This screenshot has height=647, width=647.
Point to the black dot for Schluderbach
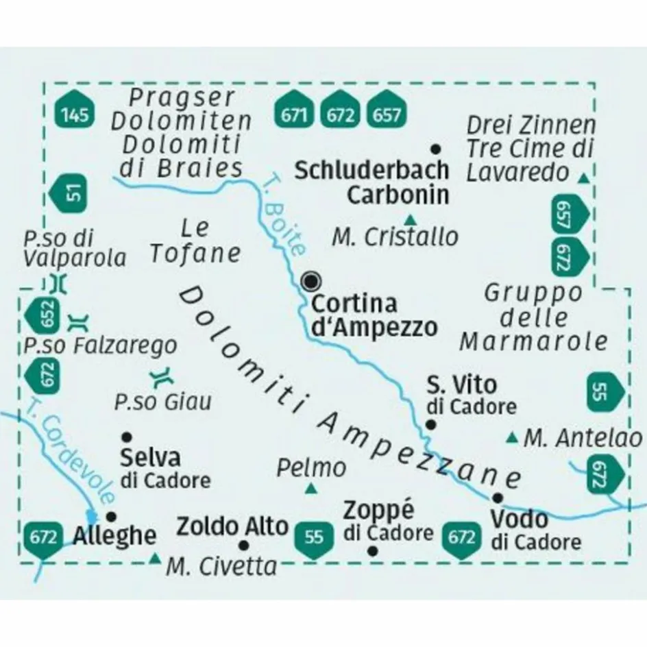coord(435,148)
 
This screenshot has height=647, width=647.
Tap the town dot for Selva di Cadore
coord(126,436)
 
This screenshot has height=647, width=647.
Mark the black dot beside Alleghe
coord(111,516)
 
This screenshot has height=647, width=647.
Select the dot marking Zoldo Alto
coord(243,546)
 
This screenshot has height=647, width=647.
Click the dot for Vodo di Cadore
coord(498,498)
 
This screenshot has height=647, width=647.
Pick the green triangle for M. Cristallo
coord(410,220)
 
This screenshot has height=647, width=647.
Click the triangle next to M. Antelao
coord(511,437)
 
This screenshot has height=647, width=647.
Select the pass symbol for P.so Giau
coord(162,376)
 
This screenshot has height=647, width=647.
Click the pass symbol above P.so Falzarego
coord(79,321)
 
